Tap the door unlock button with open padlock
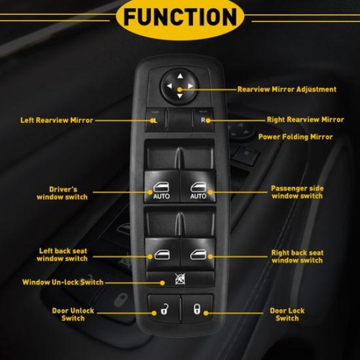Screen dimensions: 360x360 [x=161, y=308]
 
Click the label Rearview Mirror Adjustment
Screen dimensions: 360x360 [x=286, y=89]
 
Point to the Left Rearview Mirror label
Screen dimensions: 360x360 [x=56, y=120]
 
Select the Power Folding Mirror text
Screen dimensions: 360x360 [x=295, y=137]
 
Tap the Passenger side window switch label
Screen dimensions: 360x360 [x=297, y=192]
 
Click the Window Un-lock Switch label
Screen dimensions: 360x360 [x=62, y=283]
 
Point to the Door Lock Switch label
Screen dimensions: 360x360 [x=287, y=314]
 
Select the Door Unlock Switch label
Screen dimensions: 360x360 [x=73, y=314]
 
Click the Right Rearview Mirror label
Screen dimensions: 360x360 [x=305, y=120]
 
